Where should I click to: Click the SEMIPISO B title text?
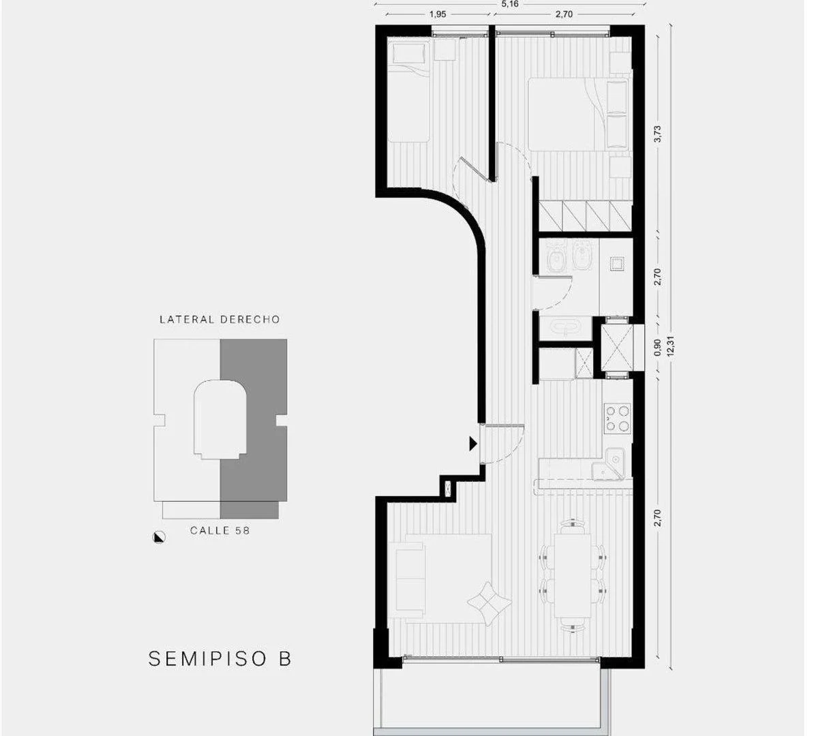[220, 659]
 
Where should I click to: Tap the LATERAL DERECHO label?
[220, 319]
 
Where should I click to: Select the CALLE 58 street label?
[220, 530]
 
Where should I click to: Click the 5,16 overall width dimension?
[509, 5]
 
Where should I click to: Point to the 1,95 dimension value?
[438, 14]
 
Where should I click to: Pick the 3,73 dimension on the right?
[658, 134]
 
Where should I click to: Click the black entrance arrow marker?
[472, 444]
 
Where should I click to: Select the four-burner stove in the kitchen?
[616, 418]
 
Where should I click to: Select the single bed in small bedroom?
[408, 95]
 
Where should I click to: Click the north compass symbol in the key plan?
[159, 537]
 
